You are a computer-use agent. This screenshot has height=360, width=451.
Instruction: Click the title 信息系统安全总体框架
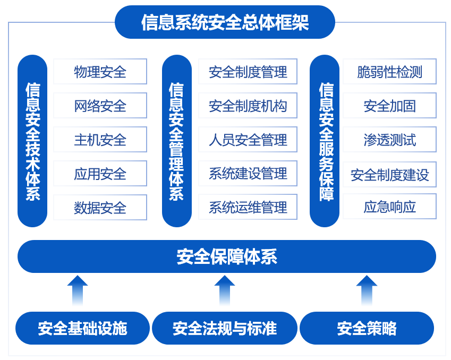click(x=225, y=22)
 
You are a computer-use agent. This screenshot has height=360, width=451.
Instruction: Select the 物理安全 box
click(x=100, y=72)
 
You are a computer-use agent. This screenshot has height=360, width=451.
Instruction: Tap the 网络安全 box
click(x=100, y=106)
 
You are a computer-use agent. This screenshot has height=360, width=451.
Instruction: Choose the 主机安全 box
click(x=100, y=140)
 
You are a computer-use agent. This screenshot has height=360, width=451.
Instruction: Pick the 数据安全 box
click(x=100, y=208)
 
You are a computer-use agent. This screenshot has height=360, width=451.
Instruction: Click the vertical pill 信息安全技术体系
click(x=32, y=141)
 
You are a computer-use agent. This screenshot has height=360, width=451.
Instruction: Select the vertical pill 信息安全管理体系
click(x=176, y=141)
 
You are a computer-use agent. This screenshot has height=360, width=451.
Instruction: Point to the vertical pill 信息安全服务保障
click(x=325, y=141)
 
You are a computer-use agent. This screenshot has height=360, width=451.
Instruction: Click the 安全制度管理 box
click(x=248, y=72)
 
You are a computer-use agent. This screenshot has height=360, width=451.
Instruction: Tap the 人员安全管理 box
click(x=248, y=140)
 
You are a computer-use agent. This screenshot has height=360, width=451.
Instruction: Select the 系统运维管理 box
click(x=248, y=207)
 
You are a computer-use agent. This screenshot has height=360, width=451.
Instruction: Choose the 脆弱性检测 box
click(x=389, y=72)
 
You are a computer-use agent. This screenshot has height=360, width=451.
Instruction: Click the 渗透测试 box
click(x=389, y=140)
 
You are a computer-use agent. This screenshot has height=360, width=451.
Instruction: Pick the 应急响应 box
click(x=389, y=207)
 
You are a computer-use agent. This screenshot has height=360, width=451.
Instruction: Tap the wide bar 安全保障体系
click(x=227, y=256)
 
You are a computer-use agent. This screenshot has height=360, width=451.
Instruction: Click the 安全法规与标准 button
click(x=224, y=328)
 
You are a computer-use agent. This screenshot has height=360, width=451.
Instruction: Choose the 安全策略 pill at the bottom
click(x=367, y=328)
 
